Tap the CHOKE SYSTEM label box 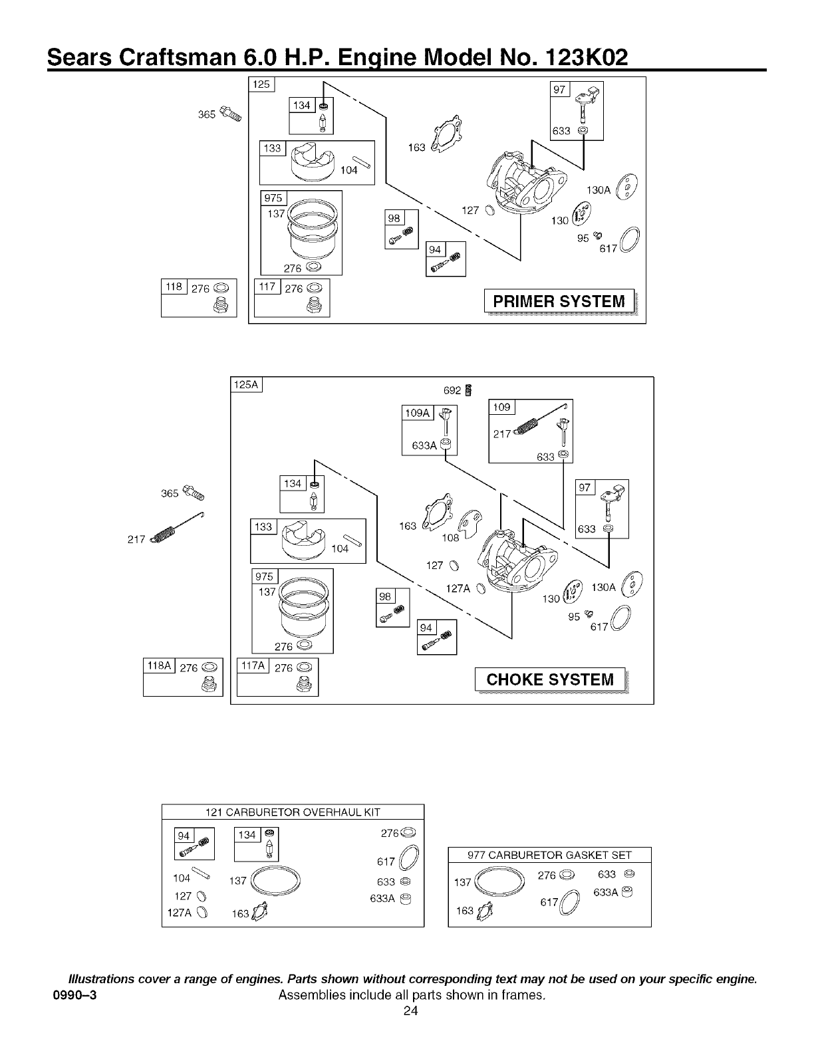tap(550, 679)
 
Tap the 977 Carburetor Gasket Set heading tap(549, 856)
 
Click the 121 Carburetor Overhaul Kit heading tap(293, 812)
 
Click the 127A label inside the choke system tap(457, 587)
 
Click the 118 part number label tap(174, 287)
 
